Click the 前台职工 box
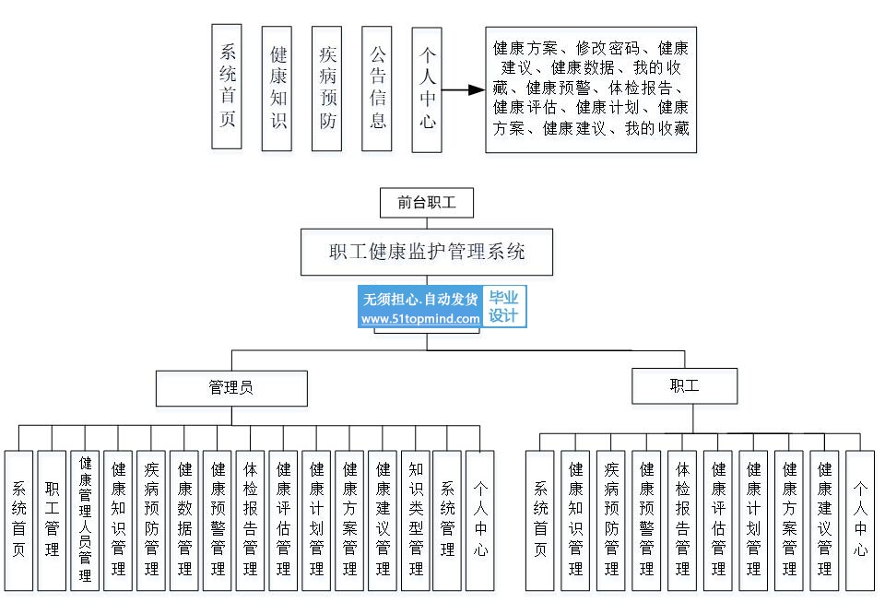pos(427,203)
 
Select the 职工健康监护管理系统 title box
pos(427,251)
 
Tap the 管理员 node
pos(230,388)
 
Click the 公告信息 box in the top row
pos(378,88)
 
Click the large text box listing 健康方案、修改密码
pos(591,89)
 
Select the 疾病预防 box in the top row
pos(328,88)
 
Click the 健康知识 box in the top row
pos(278,88)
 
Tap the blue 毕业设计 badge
pos(503,307)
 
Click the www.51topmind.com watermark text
pos(420,319)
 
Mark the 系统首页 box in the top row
pos(227,88)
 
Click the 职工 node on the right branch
pos(684,386)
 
